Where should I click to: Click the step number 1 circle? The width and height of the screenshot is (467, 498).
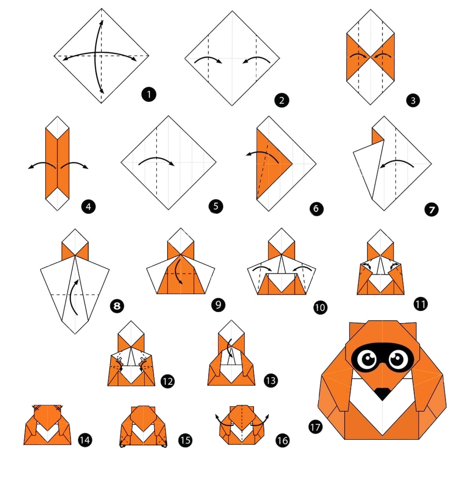tap(149, 94)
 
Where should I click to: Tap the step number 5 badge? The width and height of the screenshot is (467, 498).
tap(216, 206)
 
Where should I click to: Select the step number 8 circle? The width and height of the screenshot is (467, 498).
tap(117, 306)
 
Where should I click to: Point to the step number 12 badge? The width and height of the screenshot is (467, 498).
tap(167, 381)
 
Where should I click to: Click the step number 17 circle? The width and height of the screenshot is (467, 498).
tap(315, 426)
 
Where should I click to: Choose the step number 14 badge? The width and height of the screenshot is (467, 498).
tap(84, 440)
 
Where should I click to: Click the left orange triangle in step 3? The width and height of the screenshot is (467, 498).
tap(357, 57)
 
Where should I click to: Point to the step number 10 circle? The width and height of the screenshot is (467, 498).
tap(320, 308)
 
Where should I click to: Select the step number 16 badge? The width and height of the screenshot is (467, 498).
tap(282, 440)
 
